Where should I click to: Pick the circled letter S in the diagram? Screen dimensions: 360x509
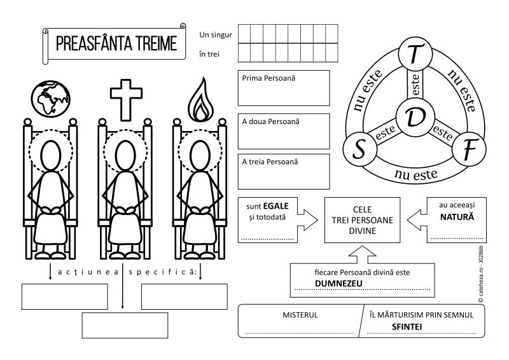pos(359,149)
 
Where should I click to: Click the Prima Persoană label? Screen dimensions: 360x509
pos(263,78)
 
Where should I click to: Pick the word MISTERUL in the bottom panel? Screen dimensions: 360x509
pos(300,315)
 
